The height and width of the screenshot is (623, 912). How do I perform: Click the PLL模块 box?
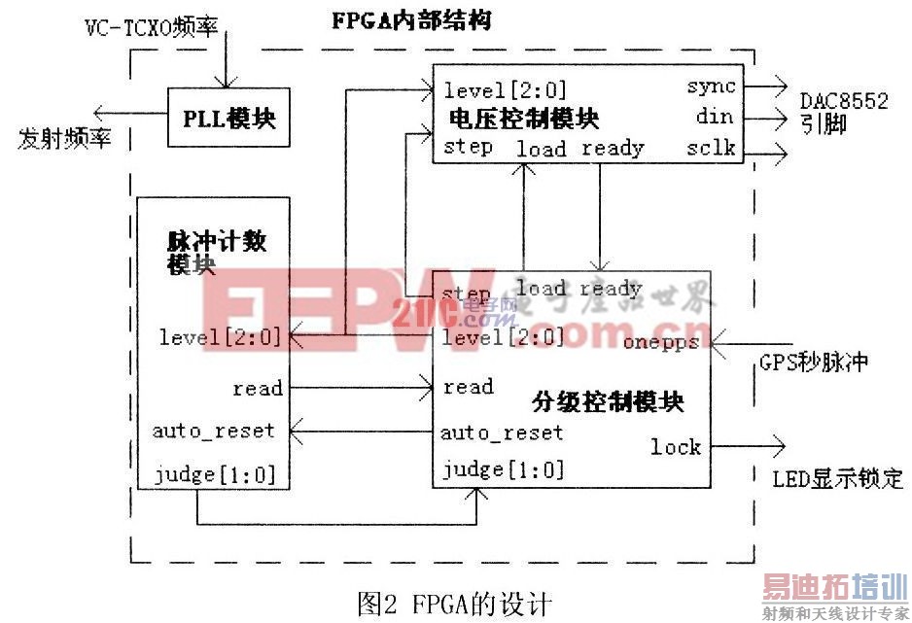coord(229,119)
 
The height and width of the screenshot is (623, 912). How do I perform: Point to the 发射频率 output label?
coord(64,138)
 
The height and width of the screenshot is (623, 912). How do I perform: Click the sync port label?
coord(711,87)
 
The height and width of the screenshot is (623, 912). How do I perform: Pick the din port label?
coord(715,118)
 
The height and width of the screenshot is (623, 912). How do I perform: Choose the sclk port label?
coord(711,149)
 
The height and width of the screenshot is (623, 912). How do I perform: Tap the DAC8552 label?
coord(844,101)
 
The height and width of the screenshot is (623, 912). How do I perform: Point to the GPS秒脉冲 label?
coord(812,363)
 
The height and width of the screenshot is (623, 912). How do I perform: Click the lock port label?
coord(676,446)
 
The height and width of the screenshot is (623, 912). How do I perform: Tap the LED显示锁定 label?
coord(837,478)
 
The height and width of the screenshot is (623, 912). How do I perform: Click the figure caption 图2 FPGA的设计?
coord(454,604)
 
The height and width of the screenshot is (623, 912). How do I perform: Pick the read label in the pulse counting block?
coord(258,389)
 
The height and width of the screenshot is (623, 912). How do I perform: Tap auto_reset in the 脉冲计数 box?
coord(214,430)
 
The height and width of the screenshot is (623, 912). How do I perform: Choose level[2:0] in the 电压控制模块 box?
coord(506,91)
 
